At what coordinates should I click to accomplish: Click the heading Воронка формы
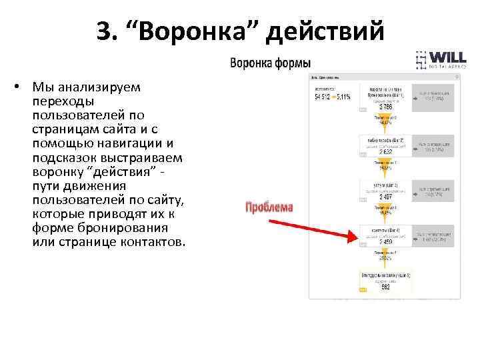pyautogui.click(x=270, y=64)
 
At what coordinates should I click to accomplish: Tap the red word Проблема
pyautogui.click(x=269, y=207)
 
